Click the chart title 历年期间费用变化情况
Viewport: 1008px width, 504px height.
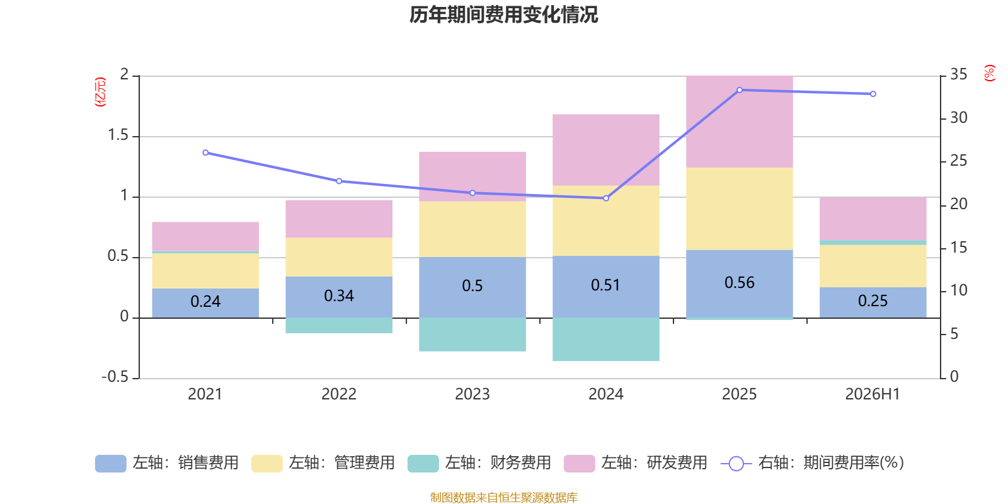pyautogui.click(x=503, y=15)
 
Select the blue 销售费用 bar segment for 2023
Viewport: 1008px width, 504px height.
pyautogui.click(x=472, y=287)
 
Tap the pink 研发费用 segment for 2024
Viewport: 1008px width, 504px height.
pyautogui.click(x=605, y=150)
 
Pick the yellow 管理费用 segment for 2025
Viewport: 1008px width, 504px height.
pyautogui.click(x=740, y=209)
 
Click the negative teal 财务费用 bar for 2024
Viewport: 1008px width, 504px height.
pyautogui.click(x=605, y=340)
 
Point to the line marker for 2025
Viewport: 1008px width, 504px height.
pyautogui.click(x=740, y=90)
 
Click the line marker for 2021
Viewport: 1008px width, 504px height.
pyautogui.click(x=205, y=152)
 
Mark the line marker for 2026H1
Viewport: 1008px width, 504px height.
pyautogui.click(x=873, y=94)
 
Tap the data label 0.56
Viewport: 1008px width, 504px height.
pyautogui.click(x=740, y=283)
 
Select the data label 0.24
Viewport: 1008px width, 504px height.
pyautogui.click(x=205, y=301)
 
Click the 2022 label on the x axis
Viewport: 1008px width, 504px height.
pyautogui.click(x=339, y=394)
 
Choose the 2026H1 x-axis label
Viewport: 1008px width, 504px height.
pyautogui.click(x=873, y=394)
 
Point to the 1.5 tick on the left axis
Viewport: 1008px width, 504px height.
pyautogui.click(x=118, y=135)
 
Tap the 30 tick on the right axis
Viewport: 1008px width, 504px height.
pyautogui.click(x=958, y=118)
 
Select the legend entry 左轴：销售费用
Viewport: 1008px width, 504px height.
pyautogui.click(x=167, y=463)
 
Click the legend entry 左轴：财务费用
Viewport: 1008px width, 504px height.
pyautogui.click(x=479, y=463)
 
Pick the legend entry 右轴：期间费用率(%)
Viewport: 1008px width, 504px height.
pyautogui.click(x=813, y=463)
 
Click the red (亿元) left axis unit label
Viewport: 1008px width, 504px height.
pyautogui.click(x=100, y=92)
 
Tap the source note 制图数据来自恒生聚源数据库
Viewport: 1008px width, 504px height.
pyautogui.click(x=503, y=497)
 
